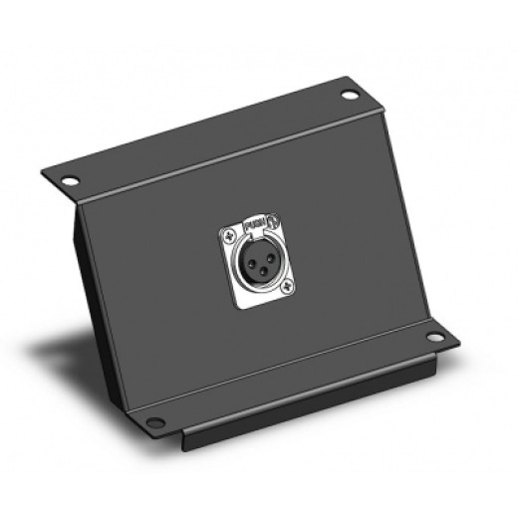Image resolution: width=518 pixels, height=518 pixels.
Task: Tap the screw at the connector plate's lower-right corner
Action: click(287, 289)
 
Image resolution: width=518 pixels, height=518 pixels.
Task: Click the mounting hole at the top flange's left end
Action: click(71, 182)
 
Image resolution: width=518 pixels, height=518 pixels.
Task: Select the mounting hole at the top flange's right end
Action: click(349, 97)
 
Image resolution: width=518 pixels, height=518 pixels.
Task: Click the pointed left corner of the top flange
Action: click(45, 169)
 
